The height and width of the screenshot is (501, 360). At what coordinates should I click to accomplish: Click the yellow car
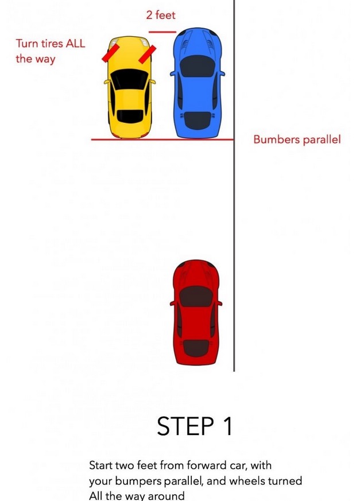pyautogui.click(x=130, y=87)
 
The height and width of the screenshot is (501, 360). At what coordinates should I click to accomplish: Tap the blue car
pyautogui.click(x=198, y=83)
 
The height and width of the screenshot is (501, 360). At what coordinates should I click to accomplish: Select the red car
pyautogui.click(x=196, y=312)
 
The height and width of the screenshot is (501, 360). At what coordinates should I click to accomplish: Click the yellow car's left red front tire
pyautogui.click(x=111, y=53)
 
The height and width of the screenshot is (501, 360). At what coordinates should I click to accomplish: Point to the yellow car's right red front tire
pyautogui.click(x=148, y=54)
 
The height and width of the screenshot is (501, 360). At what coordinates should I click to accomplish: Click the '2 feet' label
pyautogui.click(x=161, y=15)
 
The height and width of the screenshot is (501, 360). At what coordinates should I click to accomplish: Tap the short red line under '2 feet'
pyautogui.click(x=162, y=32)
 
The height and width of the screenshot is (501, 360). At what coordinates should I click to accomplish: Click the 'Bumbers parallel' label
pyautogui.click(x=297, y=139)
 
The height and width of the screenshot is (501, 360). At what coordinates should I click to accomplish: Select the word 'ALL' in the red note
pyautogui.click(x=75, y=44)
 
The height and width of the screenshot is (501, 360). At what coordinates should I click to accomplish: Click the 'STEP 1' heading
pyautogui.click(x=195, y=426)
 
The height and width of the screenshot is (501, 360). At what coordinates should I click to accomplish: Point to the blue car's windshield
pyautogui.click(x=198, y=66)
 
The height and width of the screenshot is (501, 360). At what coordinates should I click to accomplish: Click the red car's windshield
pyautogui.click(x=196, y=296)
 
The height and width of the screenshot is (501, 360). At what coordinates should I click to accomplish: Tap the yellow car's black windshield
pyautogui.click(x=130, y=79)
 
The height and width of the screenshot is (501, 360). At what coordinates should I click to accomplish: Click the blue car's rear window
pyautogui.click(x=198, y=121)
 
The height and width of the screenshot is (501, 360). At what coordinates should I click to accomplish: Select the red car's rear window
pyautogui.click(x=196, y=348)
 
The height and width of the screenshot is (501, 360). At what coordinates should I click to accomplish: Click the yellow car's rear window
pyautogui.click(x=130, y=116)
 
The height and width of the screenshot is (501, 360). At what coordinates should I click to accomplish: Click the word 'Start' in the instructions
pyautogui.click(x=100, y=465)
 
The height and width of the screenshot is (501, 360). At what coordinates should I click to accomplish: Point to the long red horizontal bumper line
pyautogui.click(x=162, y=139)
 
